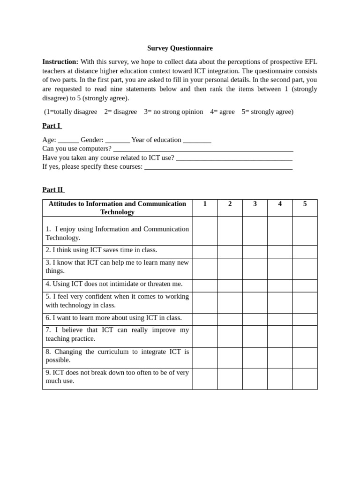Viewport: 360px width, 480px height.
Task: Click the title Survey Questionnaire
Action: (180, 48)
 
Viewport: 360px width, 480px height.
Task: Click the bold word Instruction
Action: (60, 62)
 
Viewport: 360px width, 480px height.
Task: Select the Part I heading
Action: (52, 126)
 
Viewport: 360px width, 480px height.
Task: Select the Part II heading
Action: (53, 190)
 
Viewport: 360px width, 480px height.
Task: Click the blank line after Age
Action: (68, 140)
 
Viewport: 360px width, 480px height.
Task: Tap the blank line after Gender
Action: (118, 140)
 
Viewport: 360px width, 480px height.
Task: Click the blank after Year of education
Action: (197, 140)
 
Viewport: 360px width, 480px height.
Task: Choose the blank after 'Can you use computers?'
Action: (203, 149)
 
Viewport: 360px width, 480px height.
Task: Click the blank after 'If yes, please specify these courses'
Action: (218, 167)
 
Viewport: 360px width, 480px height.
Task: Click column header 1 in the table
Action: (205, 204)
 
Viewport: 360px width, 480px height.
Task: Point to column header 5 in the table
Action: (305, 204)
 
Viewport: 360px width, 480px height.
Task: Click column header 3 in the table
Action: (255, 204)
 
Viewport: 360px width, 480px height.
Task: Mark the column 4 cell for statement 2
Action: (280, 252)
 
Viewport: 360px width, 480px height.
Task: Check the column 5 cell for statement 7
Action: (305, 336)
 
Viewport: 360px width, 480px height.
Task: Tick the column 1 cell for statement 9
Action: (205, 379)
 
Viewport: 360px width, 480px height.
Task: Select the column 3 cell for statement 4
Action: (255, 285)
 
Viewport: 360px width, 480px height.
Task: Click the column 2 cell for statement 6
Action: (230, 319)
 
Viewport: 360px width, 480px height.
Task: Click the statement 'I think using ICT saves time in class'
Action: (101, 250)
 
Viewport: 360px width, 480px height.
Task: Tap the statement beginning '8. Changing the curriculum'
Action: (117, 356)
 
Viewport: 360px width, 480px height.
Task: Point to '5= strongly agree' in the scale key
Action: (267, 112)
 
